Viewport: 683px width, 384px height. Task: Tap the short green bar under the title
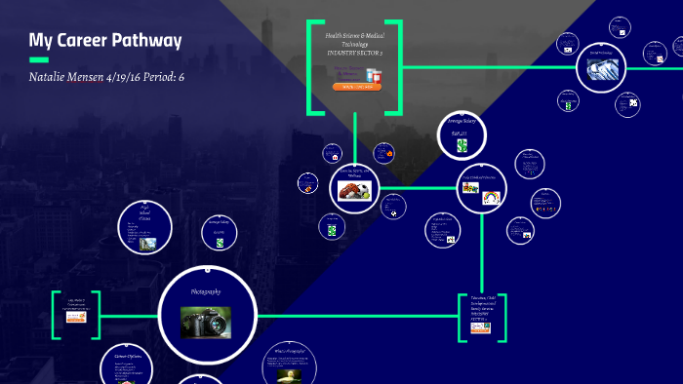coord(39,59)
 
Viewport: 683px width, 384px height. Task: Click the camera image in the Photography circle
coord(206,321)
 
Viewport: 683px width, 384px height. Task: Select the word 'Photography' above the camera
coord(206,291)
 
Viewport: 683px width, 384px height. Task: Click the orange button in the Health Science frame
coord(356,86)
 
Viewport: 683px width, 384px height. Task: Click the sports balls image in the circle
coord(355,190)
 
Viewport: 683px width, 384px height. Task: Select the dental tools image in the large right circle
coord(602,68)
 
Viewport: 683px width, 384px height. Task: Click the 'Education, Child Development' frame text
coord(483,303)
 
